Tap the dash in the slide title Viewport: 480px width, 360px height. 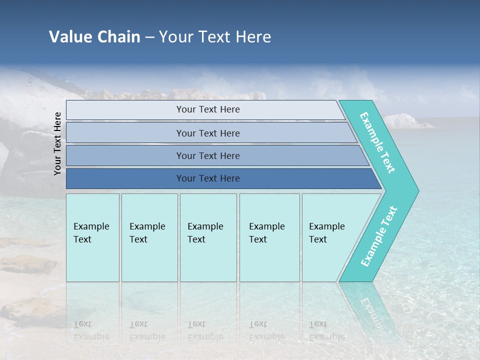coord(149,37)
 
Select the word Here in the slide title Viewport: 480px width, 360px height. coord(253,37)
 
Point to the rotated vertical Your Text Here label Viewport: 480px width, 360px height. coord(58,143)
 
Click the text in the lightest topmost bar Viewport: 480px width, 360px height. coord(208,109)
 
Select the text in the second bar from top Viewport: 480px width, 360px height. coord(208,133)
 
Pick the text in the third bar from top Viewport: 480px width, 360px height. coord(208,155)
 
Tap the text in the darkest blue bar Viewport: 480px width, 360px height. coord(208,178)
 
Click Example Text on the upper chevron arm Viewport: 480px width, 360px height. coord(378,142)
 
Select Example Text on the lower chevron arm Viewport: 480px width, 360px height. coord(379,236)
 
